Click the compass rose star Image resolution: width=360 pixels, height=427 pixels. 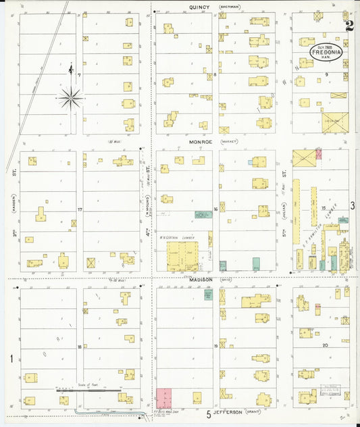[70, 99]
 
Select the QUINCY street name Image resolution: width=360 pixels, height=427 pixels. [199, 7]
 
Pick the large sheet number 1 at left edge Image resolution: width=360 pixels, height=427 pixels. [10, 357]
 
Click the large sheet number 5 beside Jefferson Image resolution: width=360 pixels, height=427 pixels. [209, 414]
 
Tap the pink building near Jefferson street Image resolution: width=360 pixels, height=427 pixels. [164, 397]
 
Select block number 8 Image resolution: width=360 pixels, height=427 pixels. [215, 74]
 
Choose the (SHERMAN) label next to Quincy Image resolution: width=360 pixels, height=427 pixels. [230, 7]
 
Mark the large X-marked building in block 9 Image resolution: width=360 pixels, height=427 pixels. [334, 122]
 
